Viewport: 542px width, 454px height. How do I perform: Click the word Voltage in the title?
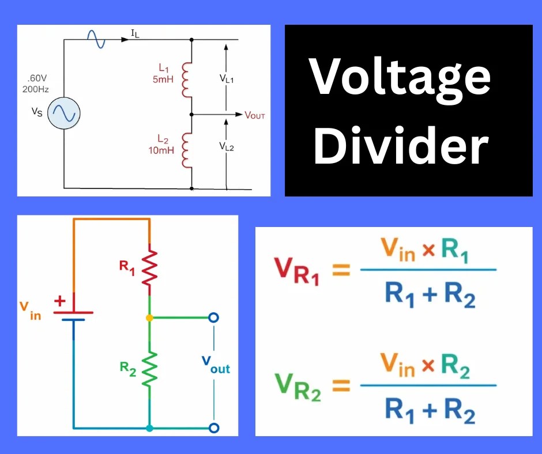401,78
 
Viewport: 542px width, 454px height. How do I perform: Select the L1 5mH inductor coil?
186,80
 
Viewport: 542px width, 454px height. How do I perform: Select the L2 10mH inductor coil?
186,150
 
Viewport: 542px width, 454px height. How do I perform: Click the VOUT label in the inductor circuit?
255,115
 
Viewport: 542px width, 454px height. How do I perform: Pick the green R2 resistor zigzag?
149,369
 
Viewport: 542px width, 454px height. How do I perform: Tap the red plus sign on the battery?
59,301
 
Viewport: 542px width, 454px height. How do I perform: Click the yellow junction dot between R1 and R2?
149,317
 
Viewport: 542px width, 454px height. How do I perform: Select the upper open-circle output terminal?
214,317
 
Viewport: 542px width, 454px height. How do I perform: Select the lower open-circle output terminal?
214,427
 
